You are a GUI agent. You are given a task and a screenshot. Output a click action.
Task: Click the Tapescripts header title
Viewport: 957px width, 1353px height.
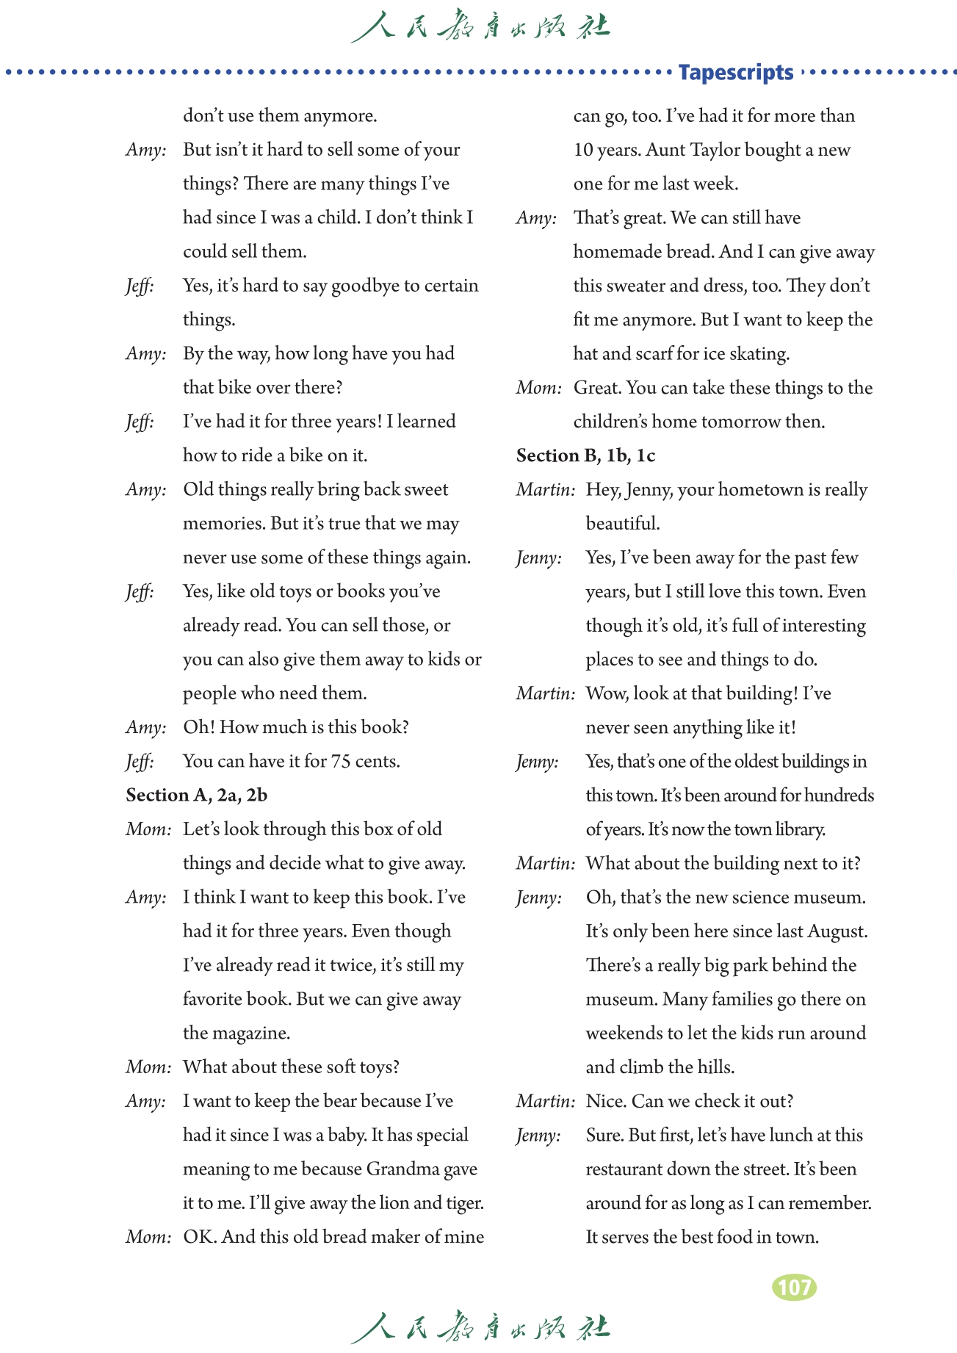[x=735, y=72]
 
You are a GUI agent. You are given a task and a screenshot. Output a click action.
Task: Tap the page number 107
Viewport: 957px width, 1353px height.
[x=794, y=1287]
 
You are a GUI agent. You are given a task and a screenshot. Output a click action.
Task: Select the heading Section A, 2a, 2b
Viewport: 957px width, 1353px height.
[x=197, y=795]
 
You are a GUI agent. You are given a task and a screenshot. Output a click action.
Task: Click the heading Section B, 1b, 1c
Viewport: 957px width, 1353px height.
[x=585, y=455]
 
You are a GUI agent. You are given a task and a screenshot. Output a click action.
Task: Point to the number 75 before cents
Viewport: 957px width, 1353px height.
[x=341, y=761]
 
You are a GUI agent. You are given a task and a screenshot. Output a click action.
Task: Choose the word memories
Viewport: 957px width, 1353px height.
[x=224, y=524]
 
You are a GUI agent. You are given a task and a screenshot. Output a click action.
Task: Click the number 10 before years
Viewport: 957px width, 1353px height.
[x=583, y=150]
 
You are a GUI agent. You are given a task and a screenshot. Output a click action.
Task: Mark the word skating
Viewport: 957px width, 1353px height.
[x=759, y=354]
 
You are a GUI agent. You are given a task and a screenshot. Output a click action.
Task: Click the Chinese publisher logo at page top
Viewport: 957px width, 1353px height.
[x=480, y=27]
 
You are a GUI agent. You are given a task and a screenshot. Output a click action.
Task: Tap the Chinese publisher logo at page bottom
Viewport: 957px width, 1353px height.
[x=480, y=1327]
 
